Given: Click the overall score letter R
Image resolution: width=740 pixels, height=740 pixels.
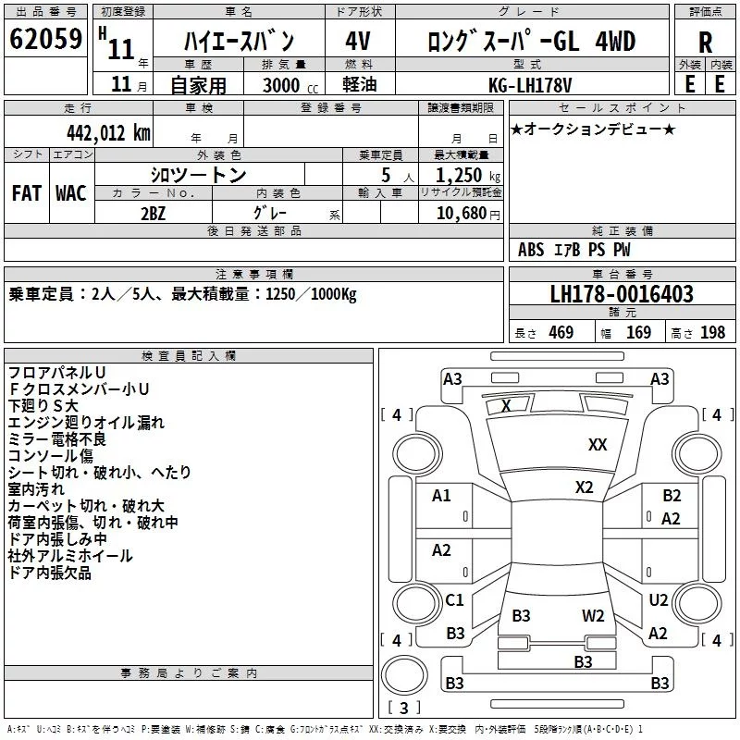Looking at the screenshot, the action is pyautogui.click(x=705, y=42).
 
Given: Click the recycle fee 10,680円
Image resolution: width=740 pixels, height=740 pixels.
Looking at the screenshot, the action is pyautogui.click(x=461, y=213).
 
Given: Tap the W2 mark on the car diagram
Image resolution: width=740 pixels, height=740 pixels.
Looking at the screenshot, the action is pyautogui.click(x=593, y=615).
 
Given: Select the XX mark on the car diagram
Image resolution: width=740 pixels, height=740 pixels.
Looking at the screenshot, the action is pyautogui.click(x=598, y=445).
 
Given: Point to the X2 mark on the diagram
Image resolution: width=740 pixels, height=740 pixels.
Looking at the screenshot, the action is pyautogui.click(x=584, y=487).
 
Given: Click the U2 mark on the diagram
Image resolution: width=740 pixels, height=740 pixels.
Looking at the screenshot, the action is pyautogui.click(x=658, y=600).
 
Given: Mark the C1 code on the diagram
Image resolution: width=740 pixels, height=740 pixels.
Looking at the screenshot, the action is pyautogui.click(x=454, y=600).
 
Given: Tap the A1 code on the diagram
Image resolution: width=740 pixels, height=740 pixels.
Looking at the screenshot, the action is pyautogui.click(x=441, y=496).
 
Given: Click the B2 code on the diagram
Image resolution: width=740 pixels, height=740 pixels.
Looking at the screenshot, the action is pyautogui.click(x=672, y=496).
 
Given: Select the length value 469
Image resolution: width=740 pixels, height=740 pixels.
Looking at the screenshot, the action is pyautogui.click(x=560, y=332).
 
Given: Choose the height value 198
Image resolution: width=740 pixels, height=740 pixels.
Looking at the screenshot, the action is pyautogui.click(x=712, y=332).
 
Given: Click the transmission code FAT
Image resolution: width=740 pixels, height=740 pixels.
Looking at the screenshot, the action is pyautogui.click(x=26, y=193).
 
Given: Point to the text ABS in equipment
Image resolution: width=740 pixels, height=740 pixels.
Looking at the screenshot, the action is pyautogui.click(x=531, y=249).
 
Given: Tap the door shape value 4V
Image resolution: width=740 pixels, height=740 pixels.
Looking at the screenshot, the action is pyautogui.click(x=357, y=42).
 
